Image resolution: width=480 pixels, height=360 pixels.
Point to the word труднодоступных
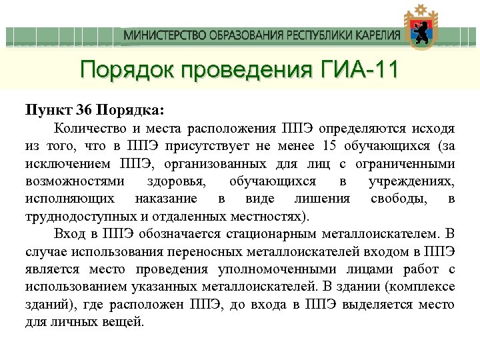[x=74, y=216]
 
